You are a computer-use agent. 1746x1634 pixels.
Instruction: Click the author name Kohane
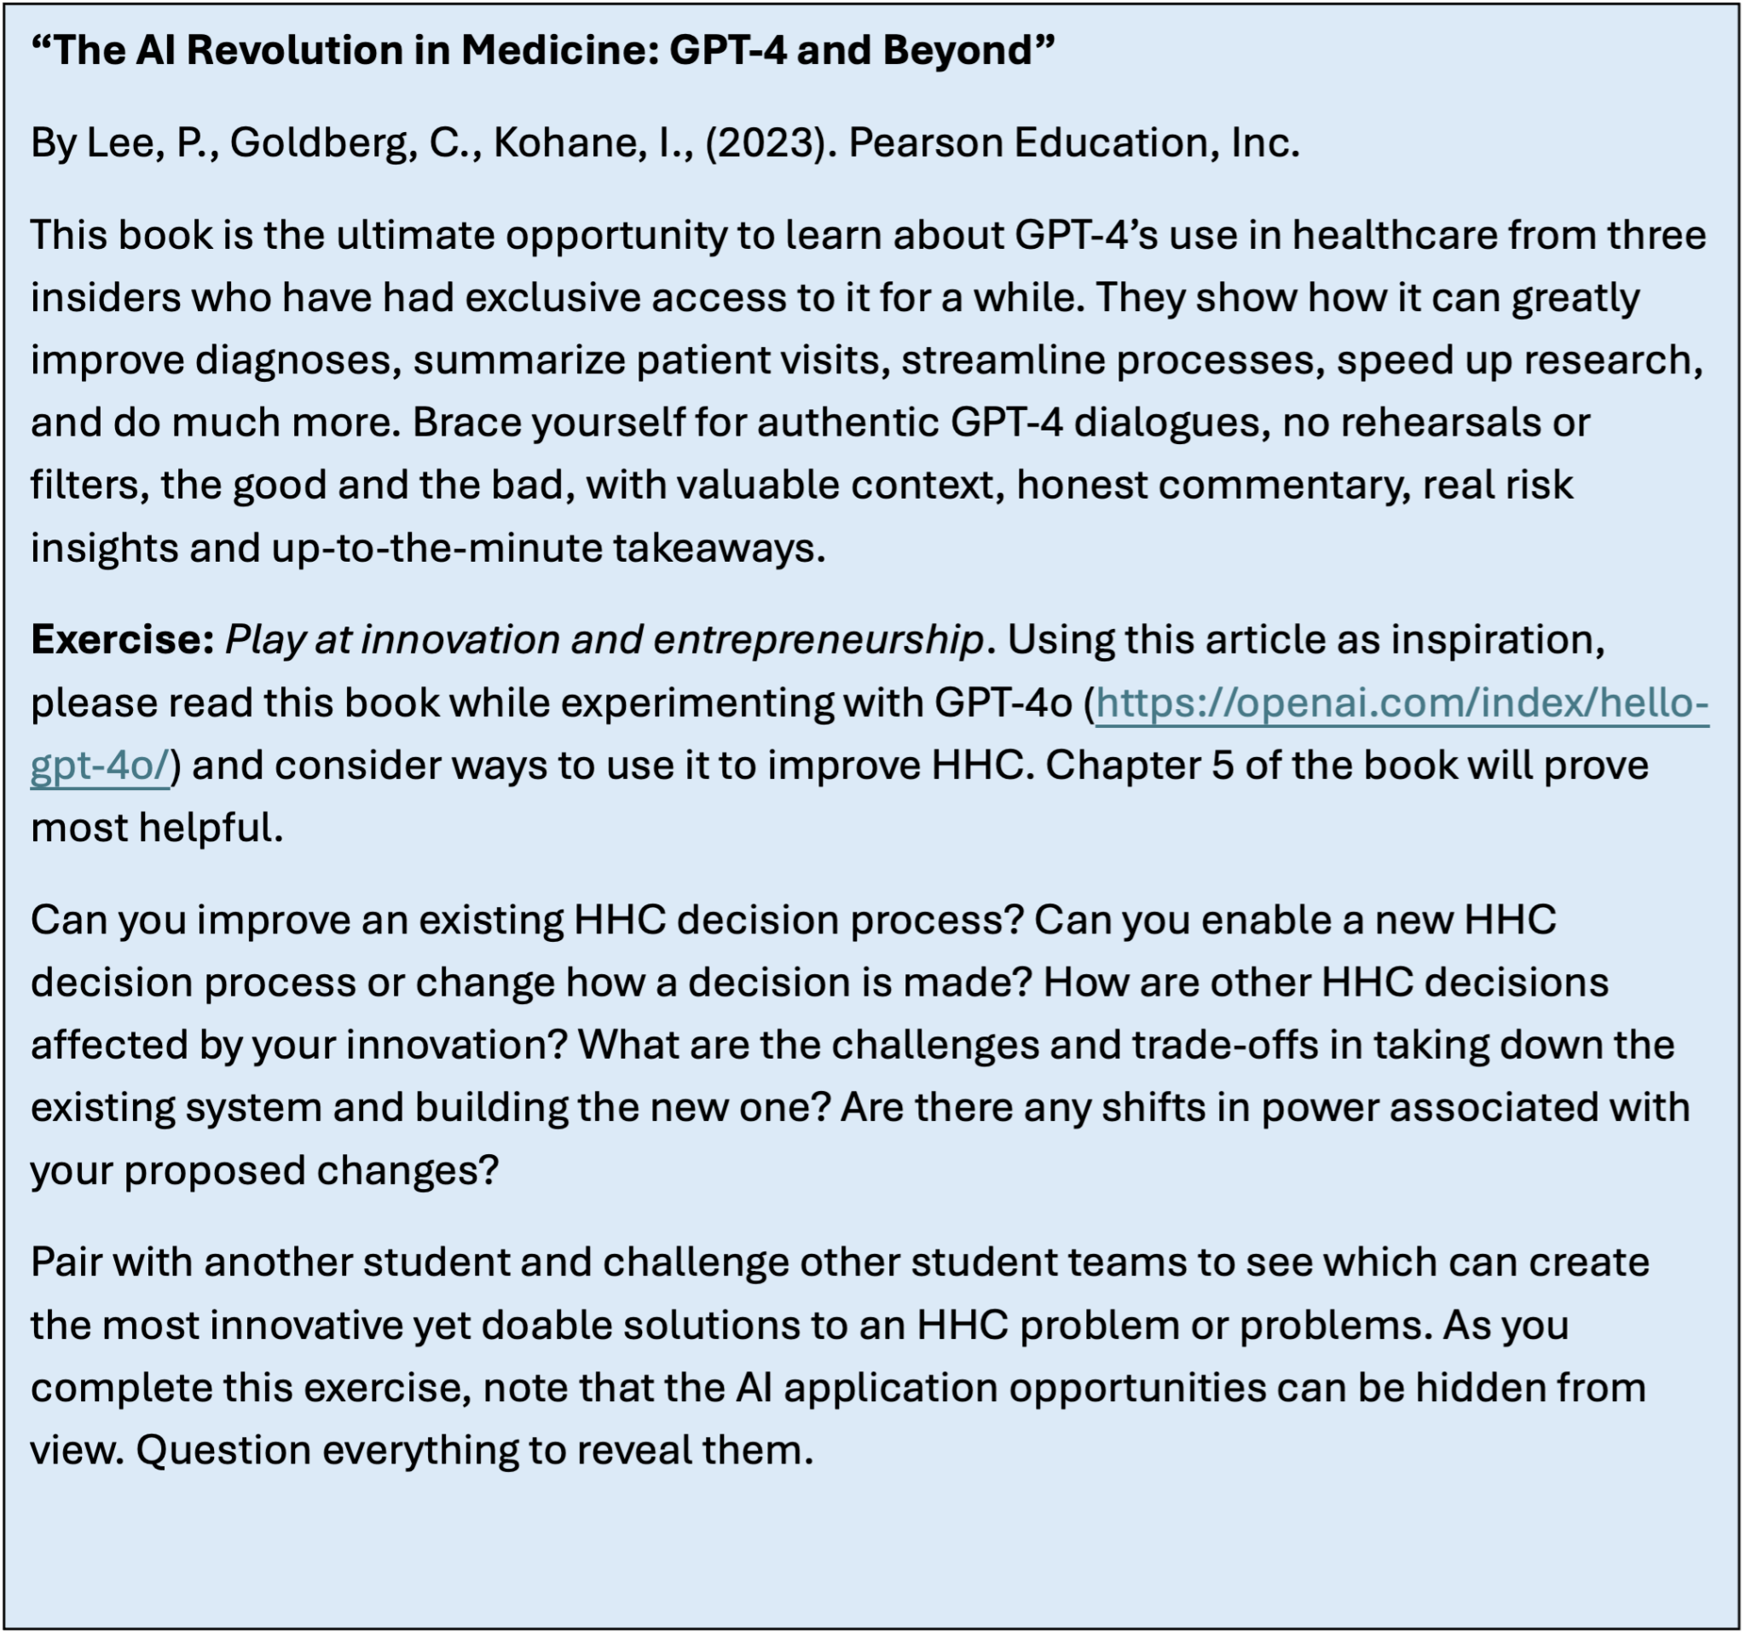pyautogui.click(x=566, y=143)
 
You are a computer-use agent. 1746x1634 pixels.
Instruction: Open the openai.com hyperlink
pyautogui.click(x=1400, y=702)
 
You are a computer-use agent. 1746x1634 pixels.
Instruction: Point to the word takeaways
pyautogui.click(x=719, y=548)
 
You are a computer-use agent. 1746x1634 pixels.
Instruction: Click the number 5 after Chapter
pyautogui.click(x=1223, y=765)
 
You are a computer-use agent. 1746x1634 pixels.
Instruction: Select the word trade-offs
pyautogui.click(x=1224, y=1045)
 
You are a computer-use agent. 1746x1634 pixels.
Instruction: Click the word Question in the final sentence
pyautogui.click(x=223, y=1450)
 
